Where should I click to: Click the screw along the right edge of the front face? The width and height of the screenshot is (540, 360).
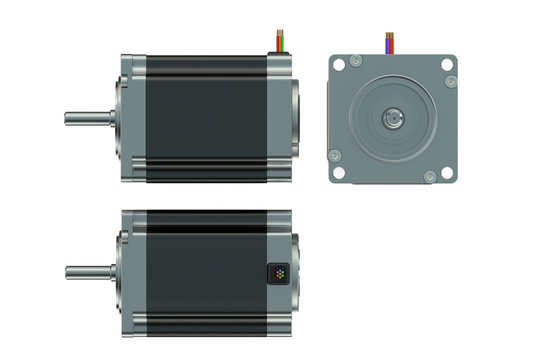(449, 81)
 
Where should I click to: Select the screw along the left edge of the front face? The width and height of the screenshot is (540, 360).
(335, 155)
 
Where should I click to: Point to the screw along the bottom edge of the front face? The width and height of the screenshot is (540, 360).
(429, 177)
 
